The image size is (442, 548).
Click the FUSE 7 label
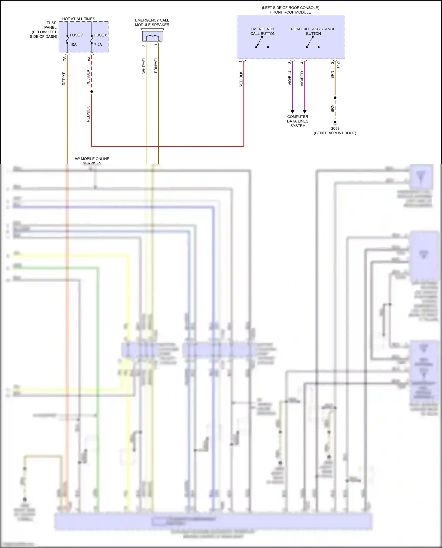click(x=76, y=35)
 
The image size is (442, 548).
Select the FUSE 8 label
click(x=100, y=35)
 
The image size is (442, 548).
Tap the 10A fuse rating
click(x=73, y=44)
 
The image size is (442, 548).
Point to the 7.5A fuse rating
click(x=98, y=44)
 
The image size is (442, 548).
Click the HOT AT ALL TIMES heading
click(x=78, y=19)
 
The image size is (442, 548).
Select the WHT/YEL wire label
click(x=144, y=65)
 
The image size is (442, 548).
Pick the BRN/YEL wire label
click(x=156, y=65)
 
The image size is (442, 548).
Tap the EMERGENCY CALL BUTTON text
click(x=263, y=31)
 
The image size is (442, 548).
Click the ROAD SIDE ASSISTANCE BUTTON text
click(x=313, y=31)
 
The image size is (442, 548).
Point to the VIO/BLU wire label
click(x=290, y=78)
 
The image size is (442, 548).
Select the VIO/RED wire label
click(x=302, y=79)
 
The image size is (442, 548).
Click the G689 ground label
click(x=335, y=128)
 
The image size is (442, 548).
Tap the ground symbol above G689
click(x=335, y=123)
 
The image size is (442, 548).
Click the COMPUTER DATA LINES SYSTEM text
click(x=298, y=121)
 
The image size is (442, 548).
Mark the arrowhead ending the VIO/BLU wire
click(x=292, y=112)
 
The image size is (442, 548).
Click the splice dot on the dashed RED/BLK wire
click(x=92, y=92)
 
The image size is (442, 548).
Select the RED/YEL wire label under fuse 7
click(x=64, y=77)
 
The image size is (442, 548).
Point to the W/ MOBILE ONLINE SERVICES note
click(x=92, y=161)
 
